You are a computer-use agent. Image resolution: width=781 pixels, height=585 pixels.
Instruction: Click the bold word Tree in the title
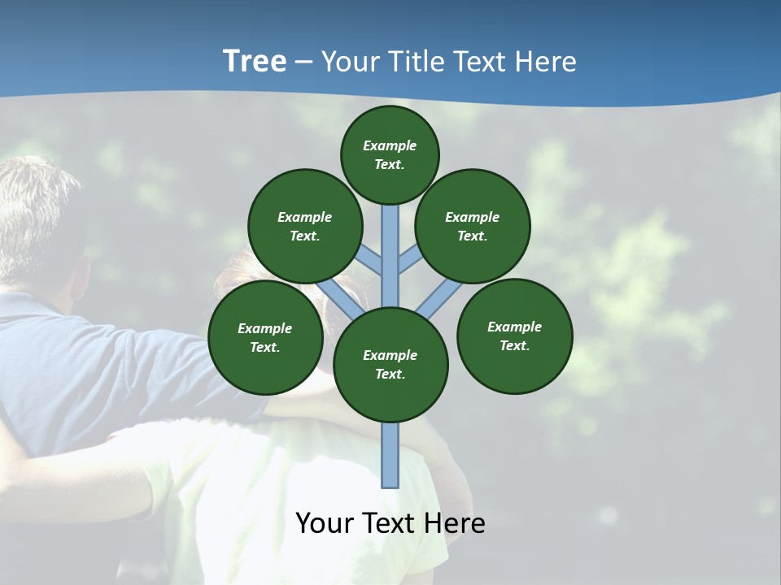[255, 62]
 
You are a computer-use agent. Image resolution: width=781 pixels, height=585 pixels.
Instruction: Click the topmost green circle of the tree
[390, 154]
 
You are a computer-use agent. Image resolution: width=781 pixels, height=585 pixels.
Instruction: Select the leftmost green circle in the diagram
[265, 338]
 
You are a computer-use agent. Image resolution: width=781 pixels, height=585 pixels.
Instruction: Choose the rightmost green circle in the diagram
[514, 336]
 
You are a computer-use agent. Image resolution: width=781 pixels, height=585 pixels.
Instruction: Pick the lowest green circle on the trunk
[390, 365]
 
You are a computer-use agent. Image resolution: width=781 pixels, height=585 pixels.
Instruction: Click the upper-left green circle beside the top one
[304, 226]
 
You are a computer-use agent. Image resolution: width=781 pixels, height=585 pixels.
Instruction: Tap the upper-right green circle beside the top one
[472, 226]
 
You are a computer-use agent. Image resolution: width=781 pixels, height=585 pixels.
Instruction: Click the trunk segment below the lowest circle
[390, 455]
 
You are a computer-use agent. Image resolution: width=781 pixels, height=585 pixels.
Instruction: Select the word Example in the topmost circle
[390, 145]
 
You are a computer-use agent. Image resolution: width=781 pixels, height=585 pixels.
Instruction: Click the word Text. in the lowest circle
[390, 375]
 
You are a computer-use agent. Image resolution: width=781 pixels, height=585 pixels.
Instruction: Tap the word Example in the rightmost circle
[514, 327]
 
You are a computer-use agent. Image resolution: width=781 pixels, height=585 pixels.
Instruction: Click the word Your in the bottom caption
[325, 523]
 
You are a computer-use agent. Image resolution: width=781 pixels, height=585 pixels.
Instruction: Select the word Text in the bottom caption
[390, 523]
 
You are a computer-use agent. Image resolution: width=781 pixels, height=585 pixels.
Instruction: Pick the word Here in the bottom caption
[456, 523]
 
